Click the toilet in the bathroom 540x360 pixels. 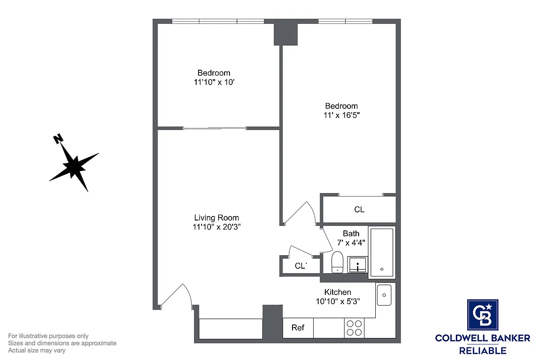pos(337,262)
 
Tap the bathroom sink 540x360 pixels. pos(358,265)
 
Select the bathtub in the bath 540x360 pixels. pos(382,253)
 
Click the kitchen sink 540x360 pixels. pos(384,295)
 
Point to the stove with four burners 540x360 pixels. pos(354,328)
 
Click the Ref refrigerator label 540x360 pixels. pos(298,328)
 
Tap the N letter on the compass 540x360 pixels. pos(58,139)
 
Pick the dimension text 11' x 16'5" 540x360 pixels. pos(342,115)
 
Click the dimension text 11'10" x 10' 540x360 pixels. pos(214,82)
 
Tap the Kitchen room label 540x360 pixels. pos(337,292)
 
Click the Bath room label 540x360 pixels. pos(351,234)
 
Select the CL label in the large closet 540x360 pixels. pos(359,210)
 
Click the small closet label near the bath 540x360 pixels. pos(301,266)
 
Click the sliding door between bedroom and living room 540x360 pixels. pos(215,129)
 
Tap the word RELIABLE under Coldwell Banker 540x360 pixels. pos(482,351)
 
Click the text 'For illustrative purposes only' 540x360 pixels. pos(49,336)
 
